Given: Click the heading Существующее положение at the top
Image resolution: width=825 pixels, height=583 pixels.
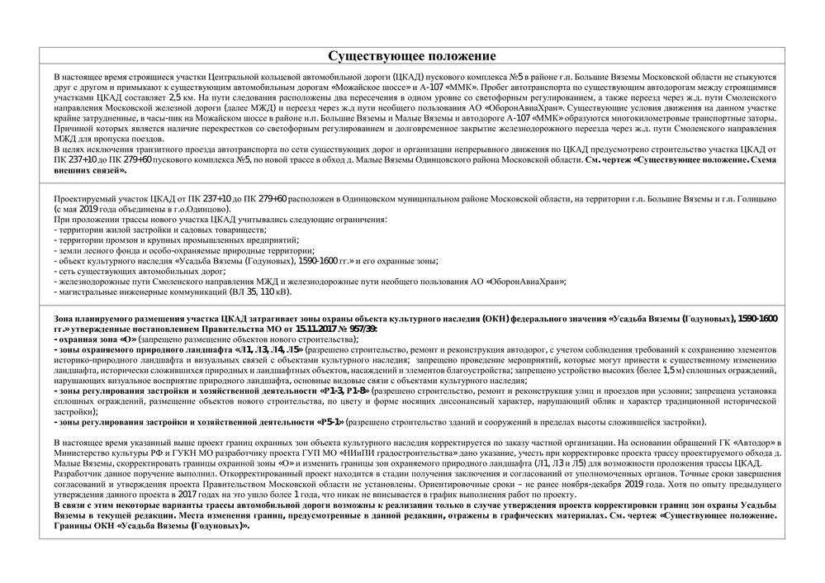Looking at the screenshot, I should pos(412,56).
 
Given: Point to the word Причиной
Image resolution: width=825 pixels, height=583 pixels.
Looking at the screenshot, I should pos(73,130).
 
